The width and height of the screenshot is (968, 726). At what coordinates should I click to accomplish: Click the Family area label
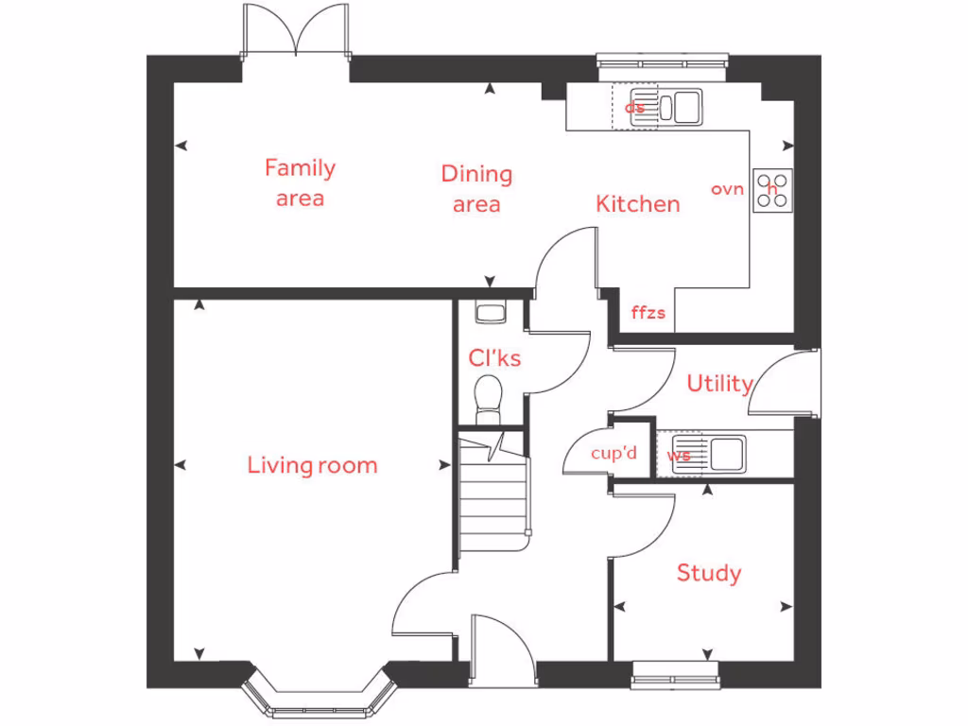click(x=300, y=182)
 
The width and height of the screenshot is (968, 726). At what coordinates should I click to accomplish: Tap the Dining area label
click(x=476, y=188)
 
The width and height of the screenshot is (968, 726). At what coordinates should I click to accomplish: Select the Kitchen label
click(x=637, y=203)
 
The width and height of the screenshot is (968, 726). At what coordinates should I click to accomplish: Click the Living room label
click(x=312, y=465)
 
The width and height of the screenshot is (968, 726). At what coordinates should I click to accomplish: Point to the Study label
click(x=709, y=573)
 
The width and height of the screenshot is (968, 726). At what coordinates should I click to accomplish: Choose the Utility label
click(x=719, y=384)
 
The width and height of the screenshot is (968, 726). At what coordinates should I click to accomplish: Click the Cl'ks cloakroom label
click(x=494, y=358)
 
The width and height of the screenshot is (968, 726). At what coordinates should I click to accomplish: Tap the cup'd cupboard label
click(x=614, y=454)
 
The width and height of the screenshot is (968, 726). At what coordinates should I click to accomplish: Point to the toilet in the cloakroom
click(x=489, y=400)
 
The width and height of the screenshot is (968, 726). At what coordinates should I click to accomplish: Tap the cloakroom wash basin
click(x=489, y=311)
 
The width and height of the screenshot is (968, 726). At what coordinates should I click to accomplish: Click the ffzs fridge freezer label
click(x=648, y=313)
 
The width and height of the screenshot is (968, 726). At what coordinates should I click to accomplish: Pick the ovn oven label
click(x=728, y=189)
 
